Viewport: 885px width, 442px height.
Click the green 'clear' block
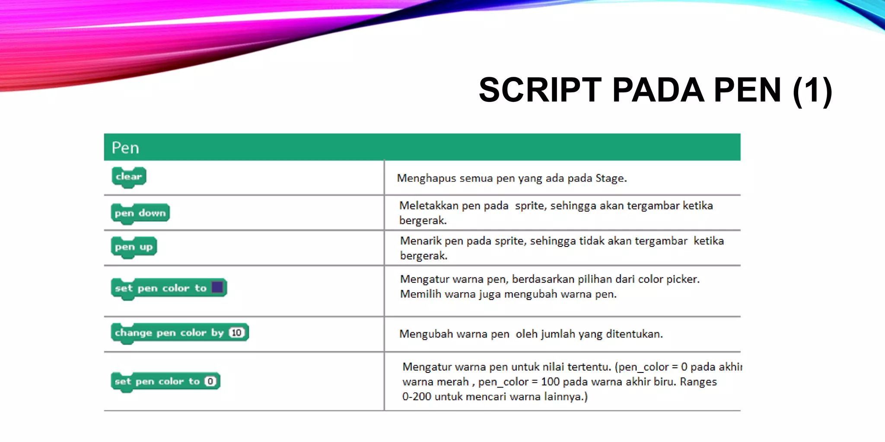point(129,177)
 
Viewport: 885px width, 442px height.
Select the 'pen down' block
point(140,213)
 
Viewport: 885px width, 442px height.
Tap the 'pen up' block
point(134,247)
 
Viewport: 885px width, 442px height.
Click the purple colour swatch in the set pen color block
point(217,287)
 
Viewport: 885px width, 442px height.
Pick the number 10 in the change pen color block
point(236,333)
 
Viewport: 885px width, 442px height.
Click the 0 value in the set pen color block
point(210,382)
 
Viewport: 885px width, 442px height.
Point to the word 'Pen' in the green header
point(125,148)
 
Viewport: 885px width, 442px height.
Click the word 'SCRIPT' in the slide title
point(540,90)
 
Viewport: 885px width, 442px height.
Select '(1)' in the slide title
point(812,90)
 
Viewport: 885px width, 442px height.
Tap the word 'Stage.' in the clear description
point(611,178)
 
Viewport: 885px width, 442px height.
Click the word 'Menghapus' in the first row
point(427,178)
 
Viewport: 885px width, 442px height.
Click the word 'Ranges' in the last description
point(698,382)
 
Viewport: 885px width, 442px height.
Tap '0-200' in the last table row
point(417,397)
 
